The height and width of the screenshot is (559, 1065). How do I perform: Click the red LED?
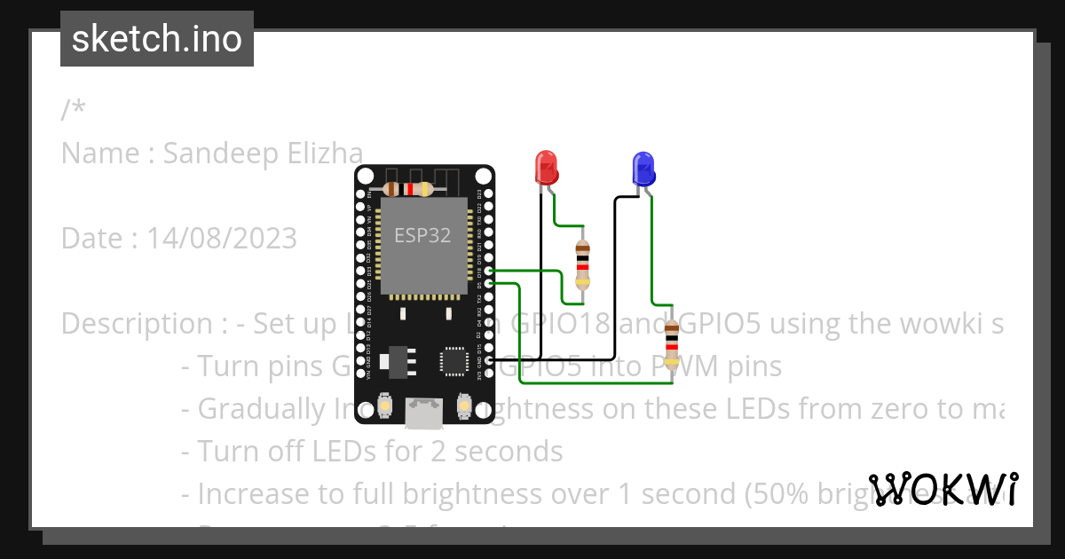point(546,167)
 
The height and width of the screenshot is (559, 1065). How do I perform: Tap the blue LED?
point(643,168)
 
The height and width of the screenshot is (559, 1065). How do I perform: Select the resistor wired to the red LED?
point(582,264)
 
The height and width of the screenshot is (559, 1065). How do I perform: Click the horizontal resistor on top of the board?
point(407,189)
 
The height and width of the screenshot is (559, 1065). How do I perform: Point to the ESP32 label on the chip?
point(422,235)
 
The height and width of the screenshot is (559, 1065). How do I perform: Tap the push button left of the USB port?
point(385,406)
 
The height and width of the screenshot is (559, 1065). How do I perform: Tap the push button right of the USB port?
point(462,406)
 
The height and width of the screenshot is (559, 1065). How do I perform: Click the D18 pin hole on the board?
point(488,270)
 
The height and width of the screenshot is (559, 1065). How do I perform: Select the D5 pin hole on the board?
point(488,283)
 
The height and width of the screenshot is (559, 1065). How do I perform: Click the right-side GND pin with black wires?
point(488,360)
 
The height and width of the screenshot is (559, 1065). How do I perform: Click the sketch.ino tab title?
point(157,39)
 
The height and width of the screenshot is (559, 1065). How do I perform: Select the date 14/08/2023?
point(222,239)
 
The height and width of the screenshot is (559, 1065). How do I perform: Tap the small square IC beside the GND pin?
point(454,360)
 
